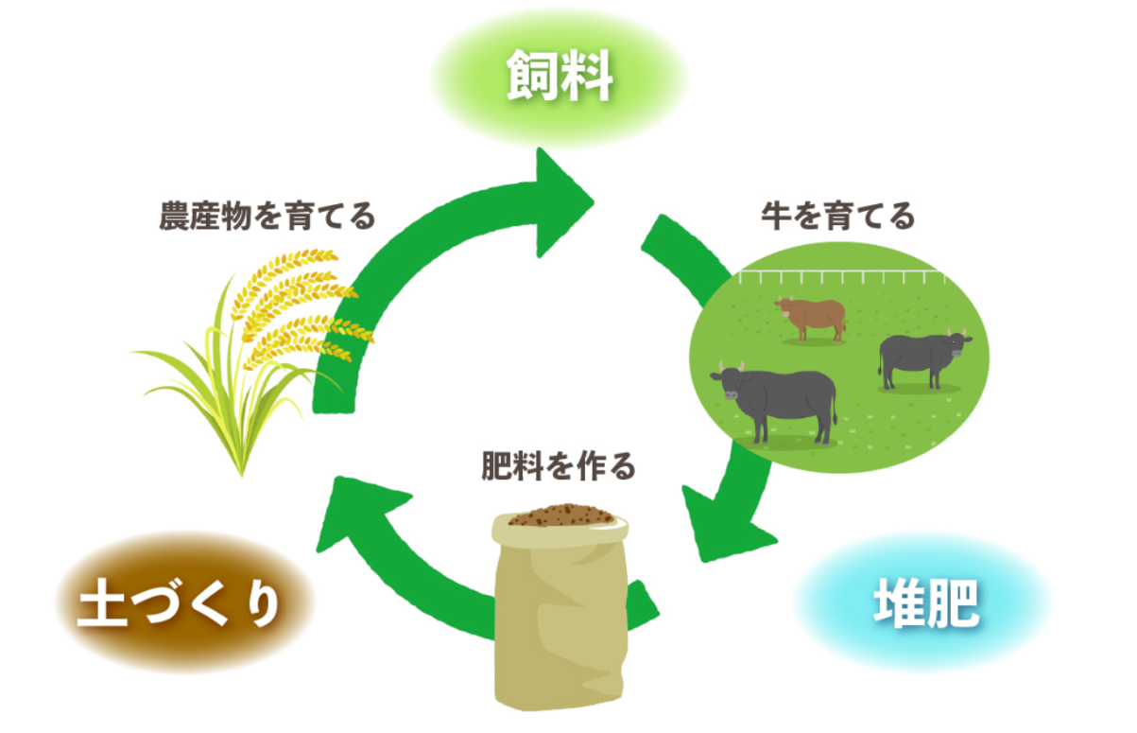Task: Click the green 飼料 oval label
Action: pyautogui.click(x=560, y=79)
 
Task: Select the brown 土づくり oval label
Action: pyautogui.click(x=180, y=603)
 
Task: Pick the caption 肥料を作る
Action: pyautogui.click(x=559, y=466)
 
